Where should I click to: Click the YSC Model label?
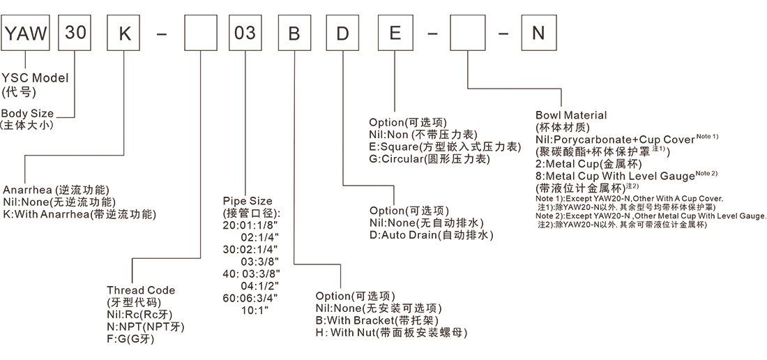click(35, 78)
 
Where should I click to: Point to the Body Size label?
click(27, 113)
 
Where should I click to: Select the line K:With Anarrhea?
click(79, 214)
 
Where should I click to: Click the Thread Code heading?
click(141, 290)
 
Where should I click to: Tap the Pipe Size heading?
click(248, 202)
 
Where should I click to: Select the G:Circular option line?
click(429, 159)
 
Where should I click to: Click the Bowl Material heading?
click(571, 114)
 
